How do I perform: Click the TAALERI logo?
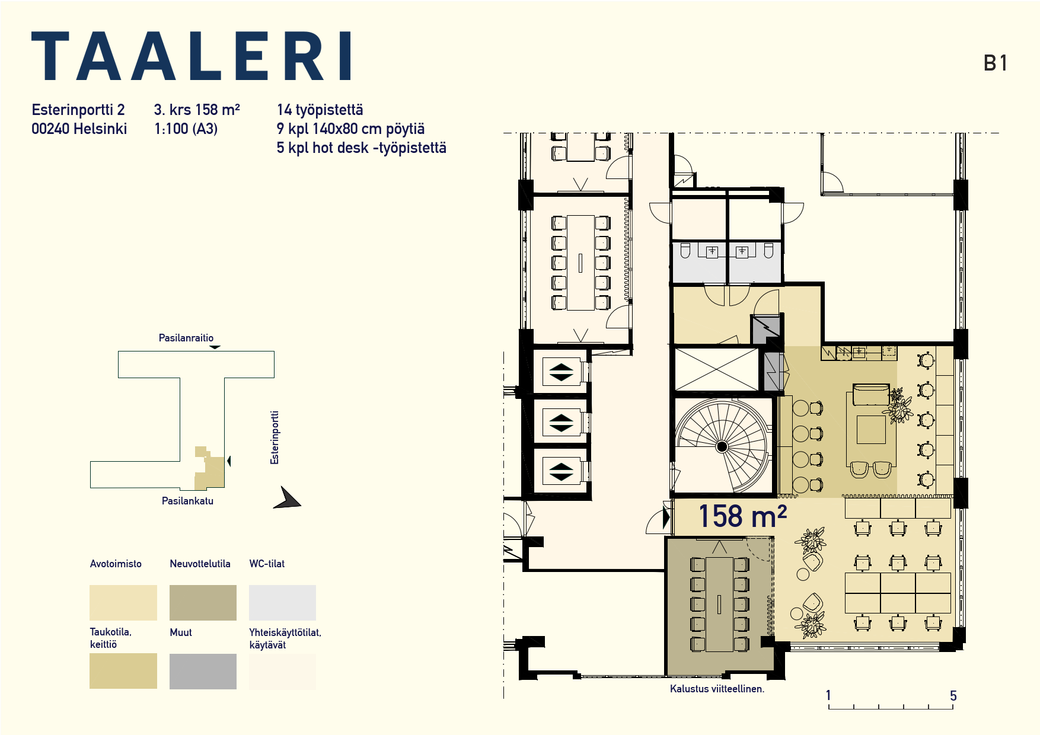191,56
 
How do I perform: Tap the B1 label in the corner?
996,63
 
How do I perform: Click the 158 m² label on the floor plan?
742,516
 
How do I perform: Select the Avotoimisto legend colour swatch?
123,602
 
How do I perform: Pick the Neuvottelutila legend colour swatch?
203,602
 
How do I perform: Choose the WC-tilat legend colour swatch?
282,602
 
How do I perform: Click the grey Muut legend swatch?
203,671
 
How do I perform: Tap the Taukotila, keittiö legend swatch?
123,671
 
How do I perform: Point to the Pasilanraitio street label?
186,338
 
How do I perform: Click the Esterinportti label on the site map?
275,437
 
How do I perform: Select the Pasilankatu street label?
187,501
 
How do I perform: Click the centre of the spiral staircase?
722,446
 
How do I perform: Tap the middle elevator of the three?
561,423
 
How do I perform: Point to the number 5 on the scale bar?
953,696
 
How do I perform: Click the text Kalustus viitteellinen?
717,689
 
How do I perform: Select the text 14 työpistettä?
320,110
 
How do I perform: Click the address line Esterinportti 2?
78,110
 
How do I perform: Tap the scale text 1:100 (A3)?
186,129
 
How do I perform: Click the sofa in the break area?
871,395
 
